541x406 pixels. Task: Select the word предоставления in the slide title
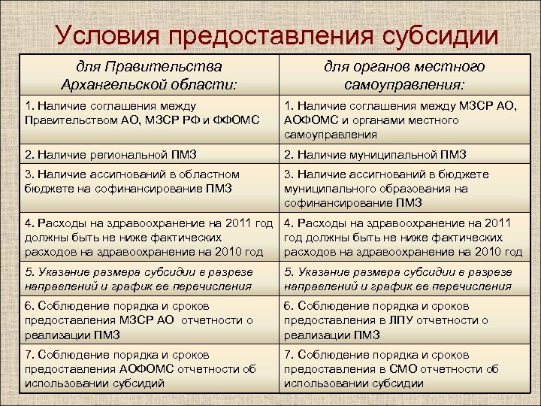point(274,36)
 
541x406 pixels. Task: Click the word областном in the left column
point(207,174)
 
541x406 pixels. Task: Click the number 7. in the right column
point(289,355)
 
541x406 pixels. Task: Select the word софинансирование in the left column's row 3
point(133,189)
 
